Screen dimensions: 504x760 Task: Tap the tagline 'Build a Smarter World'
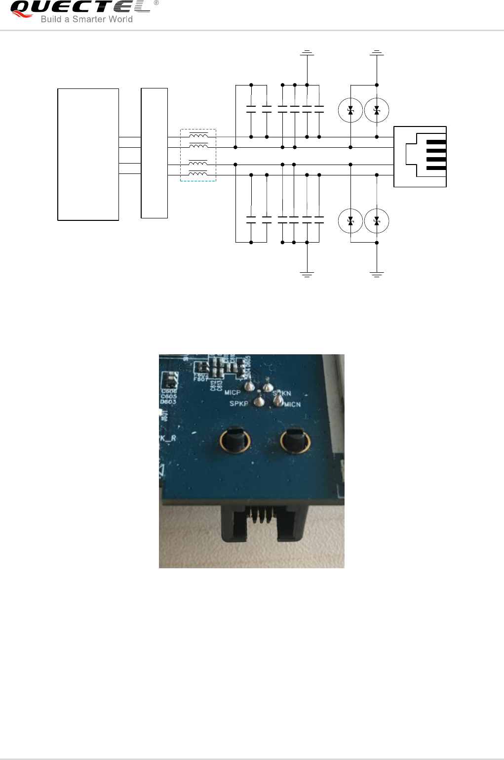pos(86,19)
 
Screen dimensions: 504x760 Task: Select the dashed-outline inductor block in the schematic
pos(198,155)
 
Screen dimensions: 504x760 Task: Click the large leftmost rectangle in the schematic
pos(88,154)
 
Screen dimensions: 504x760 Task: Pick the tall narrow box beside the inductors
pos(154,153)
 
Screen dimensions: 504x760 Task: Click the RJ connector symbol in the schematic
pos(420,157)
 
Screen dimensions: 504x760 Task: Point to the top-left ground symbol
pos(307,52)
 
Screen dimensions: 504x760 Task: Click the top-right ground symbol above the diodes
pos(377,52)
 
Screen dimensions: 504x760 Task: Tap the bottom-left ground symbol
pos(307,274)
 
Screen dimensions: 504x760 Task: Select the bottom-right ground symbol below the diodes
pos(377,274)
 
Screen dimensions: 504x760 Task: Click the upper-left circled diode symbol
pos(350,110)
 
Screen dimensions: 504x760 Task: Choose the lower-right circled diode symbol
pos(377,221)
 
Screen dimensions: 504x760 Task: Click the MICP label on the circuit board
pos(233,392)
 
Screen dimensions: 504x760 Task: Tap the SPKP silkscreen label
pos(238,404)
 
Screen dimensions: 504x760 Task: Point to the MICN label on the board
pos(292,404)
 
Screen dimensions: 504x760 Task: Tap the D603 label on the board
pos(168,402)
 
